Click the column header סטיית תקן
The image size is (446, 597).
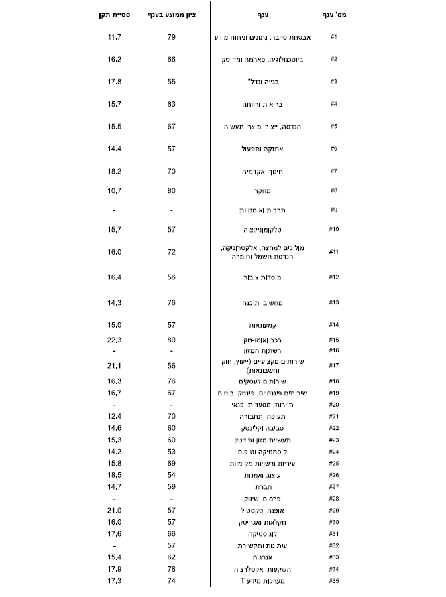click(x=114, y=14)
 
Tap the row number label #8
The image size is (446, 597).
click(x=333, y=190)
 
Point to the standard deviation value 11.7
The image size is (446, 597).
click(x=114, y=36)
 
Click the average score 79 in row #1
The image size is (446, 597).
click(x=172, y=36)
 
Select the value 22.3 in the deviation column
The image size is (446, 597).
click(x=114, y=339)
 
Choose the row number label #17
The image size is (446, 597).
click(x=333, y=365)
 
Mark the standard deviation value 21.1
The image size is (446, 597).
click(x=114, y=365)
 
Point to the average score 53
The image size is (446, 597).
click(x=172, y=452)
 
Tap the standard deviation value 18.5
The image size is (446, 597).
click(x=114, y=474)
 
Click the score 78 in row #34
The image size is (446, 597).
click(x=172, y=569)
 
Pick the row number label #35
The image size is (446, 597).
click(x=333, y=580)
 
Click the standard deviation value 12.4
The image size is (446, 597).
click(x=114, y=416)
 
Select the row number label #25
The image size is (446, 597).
click(x=333, y=463)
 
